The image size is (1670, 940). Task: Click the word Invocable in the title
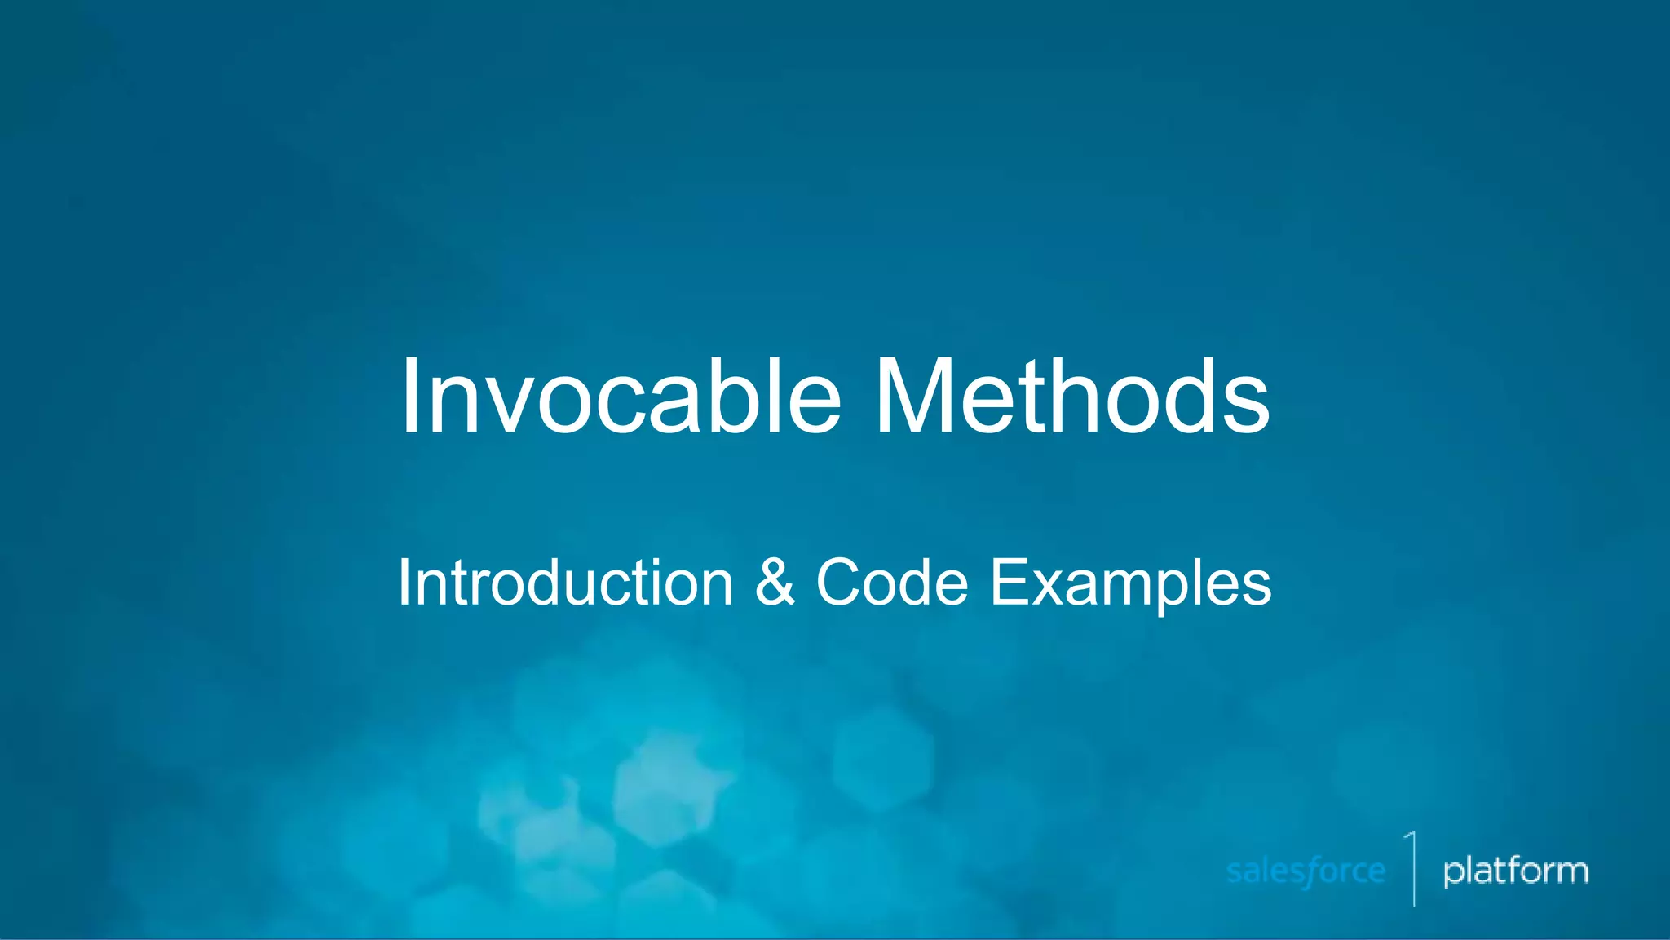click(x=620, y=397)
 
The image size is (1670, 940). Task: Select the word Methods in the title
click(x=1071, y=397)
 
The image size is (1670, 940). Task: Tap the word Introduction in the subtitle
click(x=565, y=583)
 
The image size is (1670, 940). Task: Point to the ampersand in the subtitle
click(x=775, y=583)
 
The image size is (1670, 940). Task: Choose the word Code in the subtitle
click(x=892, y=583)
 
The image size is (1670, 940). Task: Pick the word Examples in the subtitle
click(x=1130, y=584)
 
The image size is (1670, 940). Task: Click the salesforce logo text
click(x=1306, y=871)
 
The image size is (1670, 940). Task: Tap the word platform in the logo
click(x=1515, y=871)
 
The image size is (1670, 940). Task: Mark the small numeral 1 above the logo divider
click(x=1411, y=840)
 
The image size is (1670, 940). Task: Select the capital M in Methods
click(x=913, y=397)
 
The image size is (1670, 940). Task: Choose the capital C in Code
click(x=841, y=583)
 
